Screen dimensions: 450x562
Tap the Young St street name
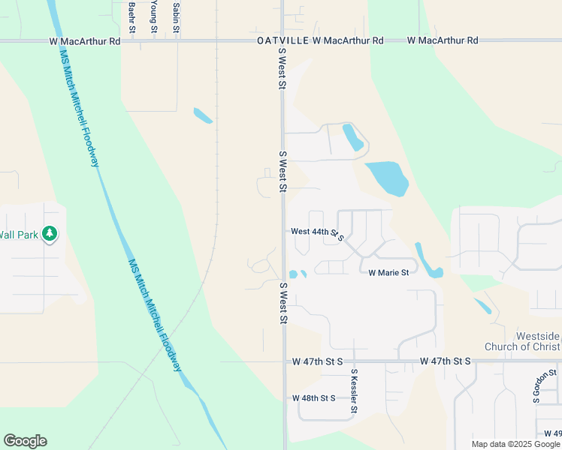(153, 16)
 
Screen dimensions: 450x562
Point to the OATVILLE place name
(283, 40)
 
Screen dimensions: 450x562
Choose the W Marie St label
(388, 272)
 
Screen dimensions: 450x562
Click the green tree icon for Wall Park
(50, 234)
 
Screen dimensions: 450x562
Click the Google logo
(25, 441)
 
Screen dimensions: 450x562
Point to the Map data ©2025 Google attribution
(515, 444)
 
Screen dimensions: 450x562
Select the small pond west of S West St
(203, 115)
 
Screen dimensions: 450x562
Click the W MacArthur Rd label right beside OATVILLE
(348, 40)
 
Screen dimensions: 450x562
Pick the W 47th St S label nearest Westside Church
(446, 361)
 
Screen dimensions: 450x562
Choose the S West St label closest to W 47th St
(283, 304)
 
